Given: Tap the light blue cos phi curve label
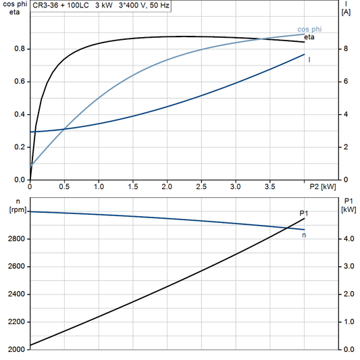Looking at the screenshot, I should point(309,30).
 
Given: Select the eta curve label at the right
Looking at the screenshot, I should point(310,37).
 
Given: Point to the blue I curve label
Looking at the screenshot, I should point(309,59).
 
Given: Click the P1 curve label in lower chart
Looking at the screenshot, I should point(304,213).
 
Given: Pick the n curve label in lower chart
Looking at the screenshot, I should point(304,235).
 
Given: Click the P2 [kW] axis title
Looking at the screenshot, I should point(323,186).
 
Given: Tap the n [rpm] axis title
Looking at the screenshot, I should point(10,205).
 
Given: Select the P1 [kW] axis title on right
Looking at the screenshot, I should point(348,205).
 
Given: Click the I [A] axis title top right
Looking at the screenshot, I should point(346,8).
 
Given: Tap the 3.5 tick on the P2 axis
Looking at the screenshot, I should point(269,186).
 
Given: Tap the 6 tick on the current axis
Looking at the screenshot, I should point(345,82).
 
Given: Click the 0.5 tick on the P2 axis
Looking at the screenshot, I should point(64,186).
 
